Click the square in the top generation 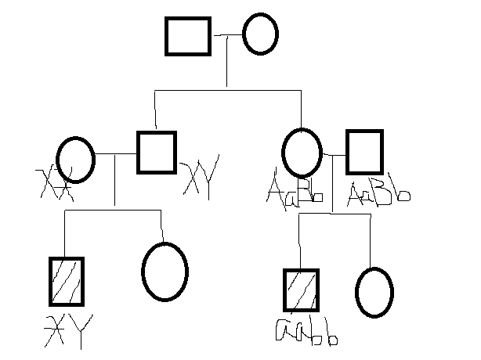pyautogui.click(x=188, y=36)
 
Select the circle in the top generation pyautogui.click(x=260, y=35)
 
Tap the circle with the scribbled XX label pyautogui.click(x=76, y=159)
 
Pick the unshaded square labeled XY pyautogui.click(x=156, y=151)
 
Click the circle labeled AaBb pyautogui.click(x=302, y=152)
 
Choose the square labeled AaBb pyautogui.click(x=364, y=152)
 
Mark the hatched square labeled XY pyautogui.click(x=66, y=281)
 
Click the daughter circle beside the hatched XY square pyautogui.click(x=165, y=272)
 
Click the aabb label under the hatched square pyautogui.click(x=306, y=332)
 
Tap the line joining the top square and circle pyautogui.click(x=227, y=35)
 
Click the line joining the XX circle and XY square pyautogui.click(x=115, y=153)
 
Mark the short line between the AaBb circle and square pyautogui.click(x=334, y=154)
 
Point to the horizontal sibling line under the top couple pyautogui.click(x=227, y=91)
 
